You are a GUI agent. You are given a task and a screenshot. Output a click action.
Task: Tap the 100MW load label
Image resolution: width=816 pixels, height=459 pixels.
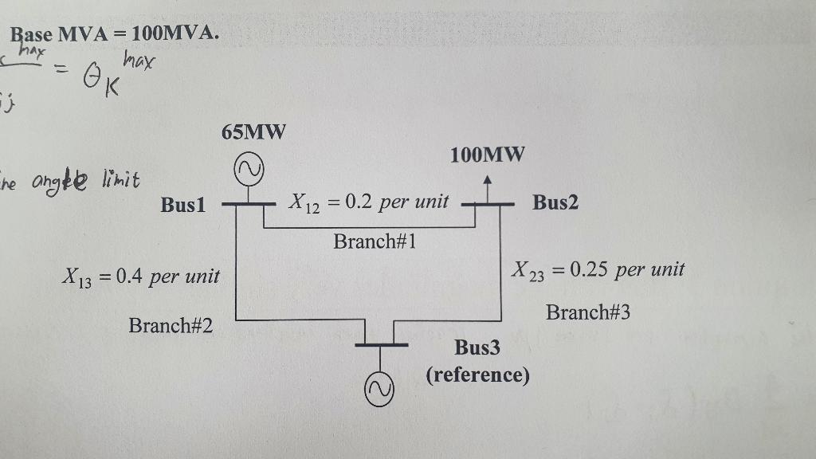487,155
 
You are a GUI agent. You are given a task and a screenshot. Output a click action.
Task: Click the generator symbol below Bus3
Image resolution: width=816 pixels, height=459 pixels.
380,387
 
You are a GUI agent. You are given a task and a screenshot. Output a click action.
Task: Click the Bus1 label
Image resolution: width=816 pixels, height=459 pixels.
183,205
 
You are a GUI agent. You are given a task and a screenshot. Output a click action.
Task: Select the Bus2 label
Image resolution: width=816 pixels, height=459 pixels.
555,202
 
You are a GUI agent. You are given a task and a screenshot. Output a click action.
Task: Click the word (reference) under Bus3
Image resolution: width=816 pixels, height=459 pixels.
477,375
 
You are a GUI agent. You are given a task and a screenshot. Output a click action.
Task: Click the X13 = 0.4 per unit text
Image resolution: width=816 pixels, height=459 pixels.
139,277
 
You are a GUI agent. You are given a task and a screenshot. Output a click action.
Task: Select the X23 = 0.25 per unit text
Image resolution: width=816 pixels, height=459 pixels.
598,269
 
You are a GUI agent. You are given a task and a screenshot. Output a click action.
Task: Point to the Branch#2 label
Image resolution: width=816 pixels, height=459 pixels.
171,325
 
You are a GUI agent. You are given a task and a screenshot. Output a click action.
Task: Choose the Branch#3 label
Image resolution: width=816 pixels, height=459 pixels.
587,312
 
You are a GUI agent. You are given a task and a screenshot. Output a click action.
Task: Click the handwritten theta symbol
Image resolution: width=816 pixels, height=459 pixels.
89,77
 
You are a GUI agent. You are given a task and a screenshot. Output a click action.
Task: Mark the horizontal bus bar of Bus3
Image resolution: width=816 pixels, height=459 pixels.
381,345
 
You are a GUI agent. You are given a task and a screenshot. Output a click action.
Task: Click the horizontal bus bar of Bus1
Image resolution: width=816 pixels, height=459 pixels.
248,205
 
